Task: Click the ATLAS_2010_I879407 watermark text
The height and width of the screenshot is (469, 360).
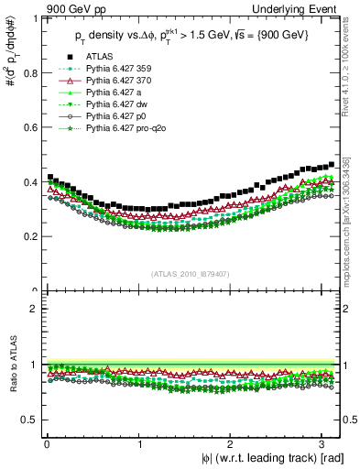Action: click(191, 273)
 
